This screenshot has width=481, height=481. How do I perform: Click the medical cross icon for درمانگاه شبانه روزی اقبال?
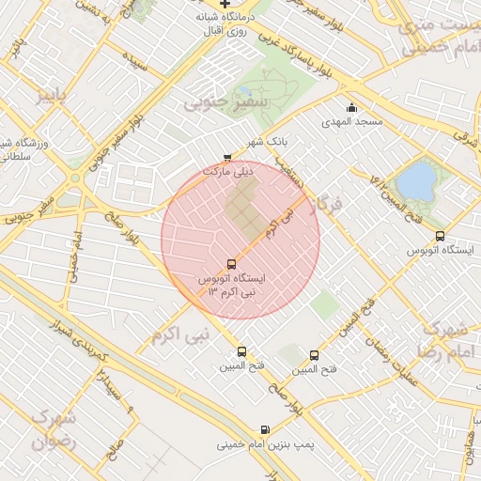point(225,4)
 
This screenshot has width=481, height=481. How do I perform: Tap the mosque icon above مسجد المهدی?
point(352,107)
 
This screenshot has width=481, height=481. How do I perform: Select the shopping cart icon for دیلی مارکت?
point(227,158)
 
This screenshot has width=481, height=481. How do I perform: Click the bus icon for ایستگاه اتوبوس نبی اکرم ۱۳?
point(231,264)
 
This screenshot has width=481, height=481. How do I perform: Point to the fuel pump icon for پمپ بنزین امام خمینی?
point(265,429)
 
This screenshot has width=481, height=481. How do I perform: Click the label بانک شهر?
point(266,142)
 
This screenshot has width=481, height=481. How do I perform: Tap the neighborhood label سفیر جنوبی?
point(225,99)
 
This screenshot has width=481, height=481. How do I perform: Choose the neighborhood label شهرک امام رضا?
point(445,340)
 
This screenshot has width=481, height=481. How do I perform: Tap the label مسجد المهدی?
point(352,122)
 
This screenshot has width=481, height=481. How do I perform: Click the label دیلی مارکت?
point(230,173)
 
